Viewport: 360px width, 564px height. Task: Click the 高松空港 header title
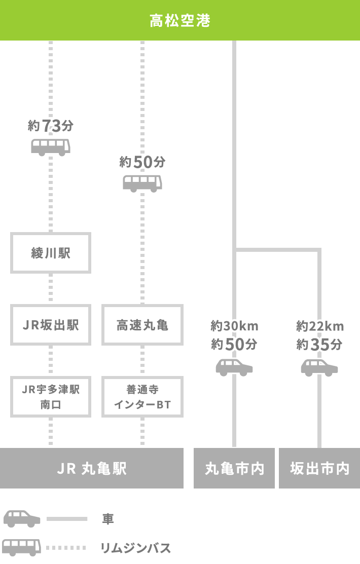[x=180, y=21]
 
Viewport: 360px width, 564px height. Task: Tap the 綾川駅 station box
[x=51, y=253]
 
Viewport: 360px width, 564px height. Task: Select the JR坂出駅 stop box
[x=51, y=325]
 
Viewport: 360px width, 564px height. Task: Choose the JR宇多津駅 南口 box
[x=51, y=397]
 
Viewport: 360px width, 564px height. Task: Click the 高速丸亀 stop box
[x=142, y=325]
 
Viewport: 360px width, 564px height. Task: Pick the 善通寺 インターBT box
[x=142, y=397]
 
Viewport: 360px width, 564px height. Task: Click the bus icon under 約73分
[x=51, y=147]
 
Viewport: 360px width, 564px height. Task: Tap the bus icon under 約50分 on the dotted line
[x=142, y=183]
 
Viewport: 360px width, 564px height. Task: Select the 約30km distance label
[x=234, y=326]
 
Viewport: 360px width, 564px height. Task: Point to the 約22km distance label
[x=319, y=326]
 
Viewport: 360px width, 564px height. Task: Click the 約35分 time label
[x=319, y=345]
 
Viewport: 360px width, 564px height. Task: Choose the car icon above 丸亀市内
[x=234, y=367]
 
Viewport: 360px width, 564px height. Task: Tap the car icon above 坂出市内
[x=319, y=367]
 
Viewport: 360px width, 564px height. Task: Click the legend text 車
[x=107, y=519]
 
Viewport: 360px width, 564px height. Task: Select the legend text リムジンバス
[x=135, y=548]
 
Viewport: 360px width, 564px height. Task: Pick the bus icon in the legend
[x=21, y=547]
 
